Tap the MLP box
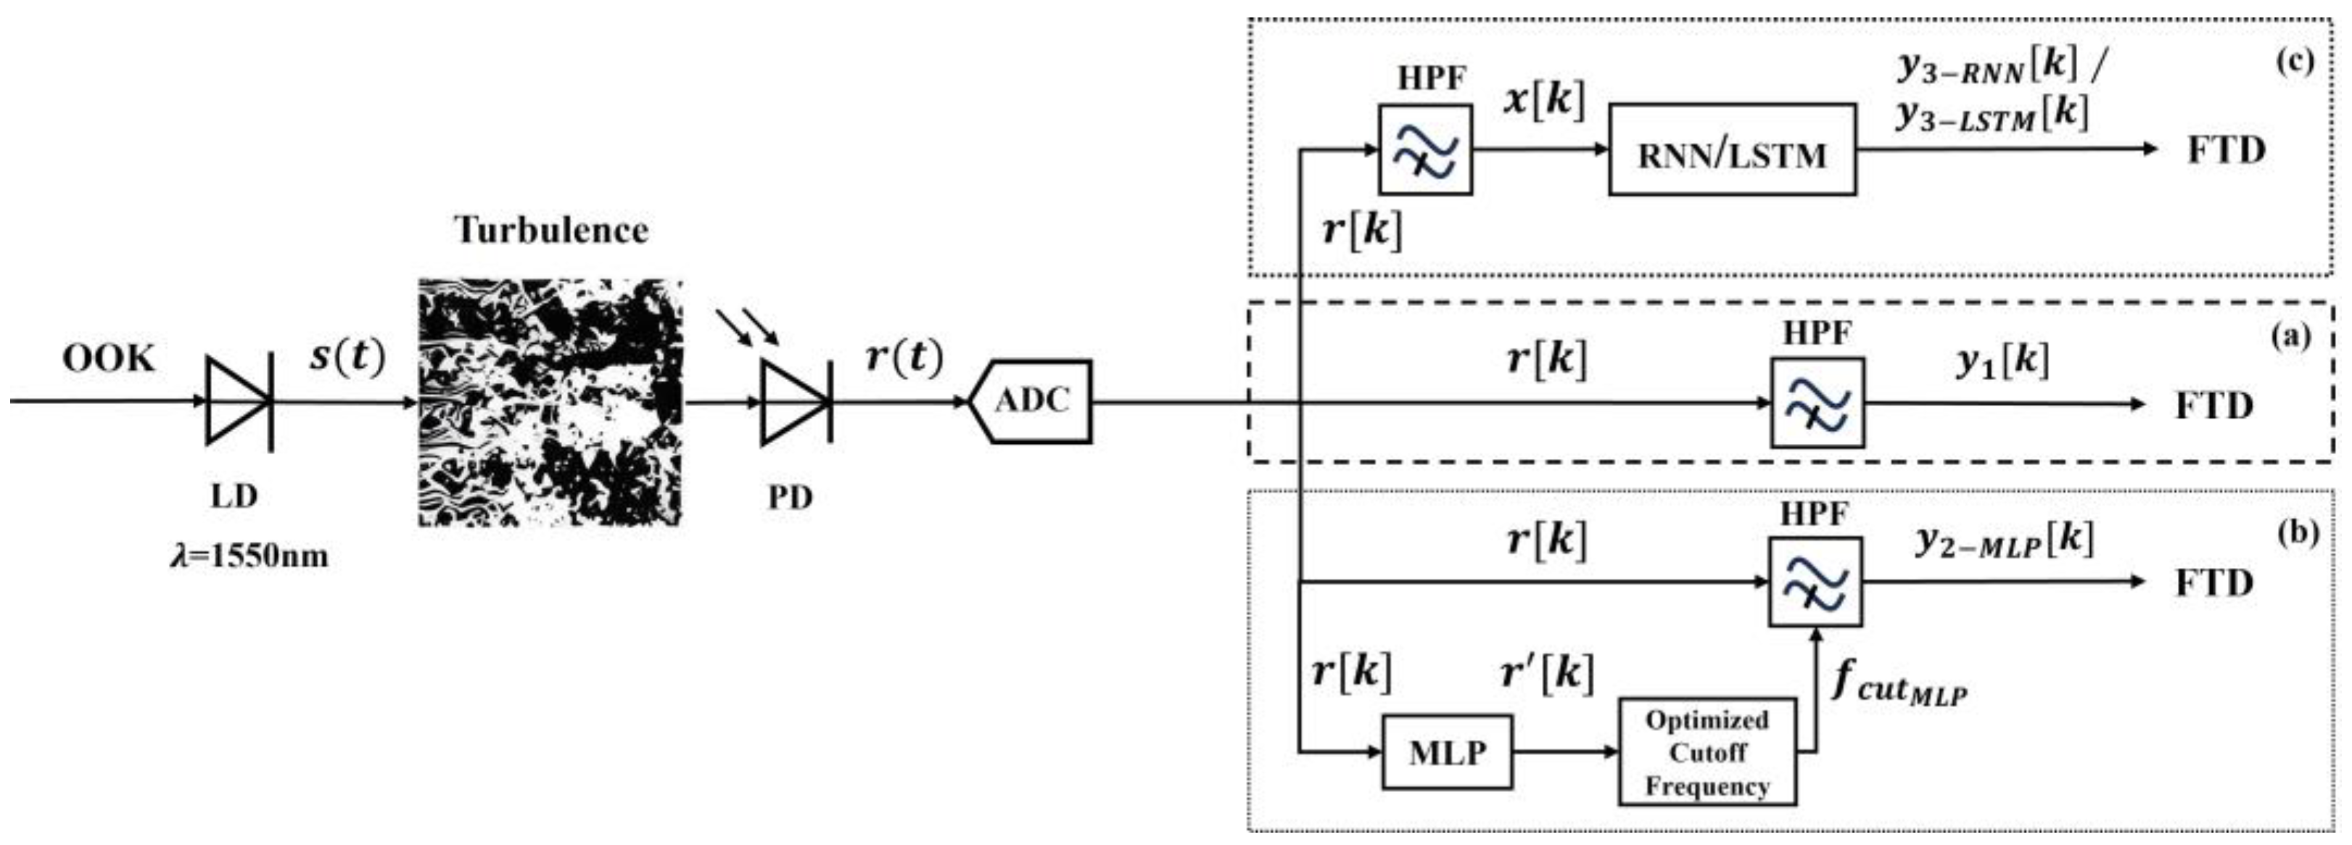click(x=1446, y=752)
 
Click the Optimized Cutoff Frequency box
click(x=1707, y=752)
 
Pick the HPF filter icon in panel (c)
click(x=1424, y=150)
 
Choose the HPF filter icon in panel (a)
click(x=1817, y=403)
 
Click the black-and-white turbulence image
click(x=550, y=402)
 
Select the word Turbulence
click(x=551, y=230)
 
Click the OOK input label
click(x=109, y=359)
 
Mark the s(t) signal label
click(x=347, y=356)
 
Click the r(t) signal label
click(x=903, y=356)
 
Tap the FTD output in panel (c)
click(x=2226, y=150)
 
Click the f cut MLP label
click(x=1899, y=683)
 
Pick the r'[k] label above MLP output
click(x=1547, y=673)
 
